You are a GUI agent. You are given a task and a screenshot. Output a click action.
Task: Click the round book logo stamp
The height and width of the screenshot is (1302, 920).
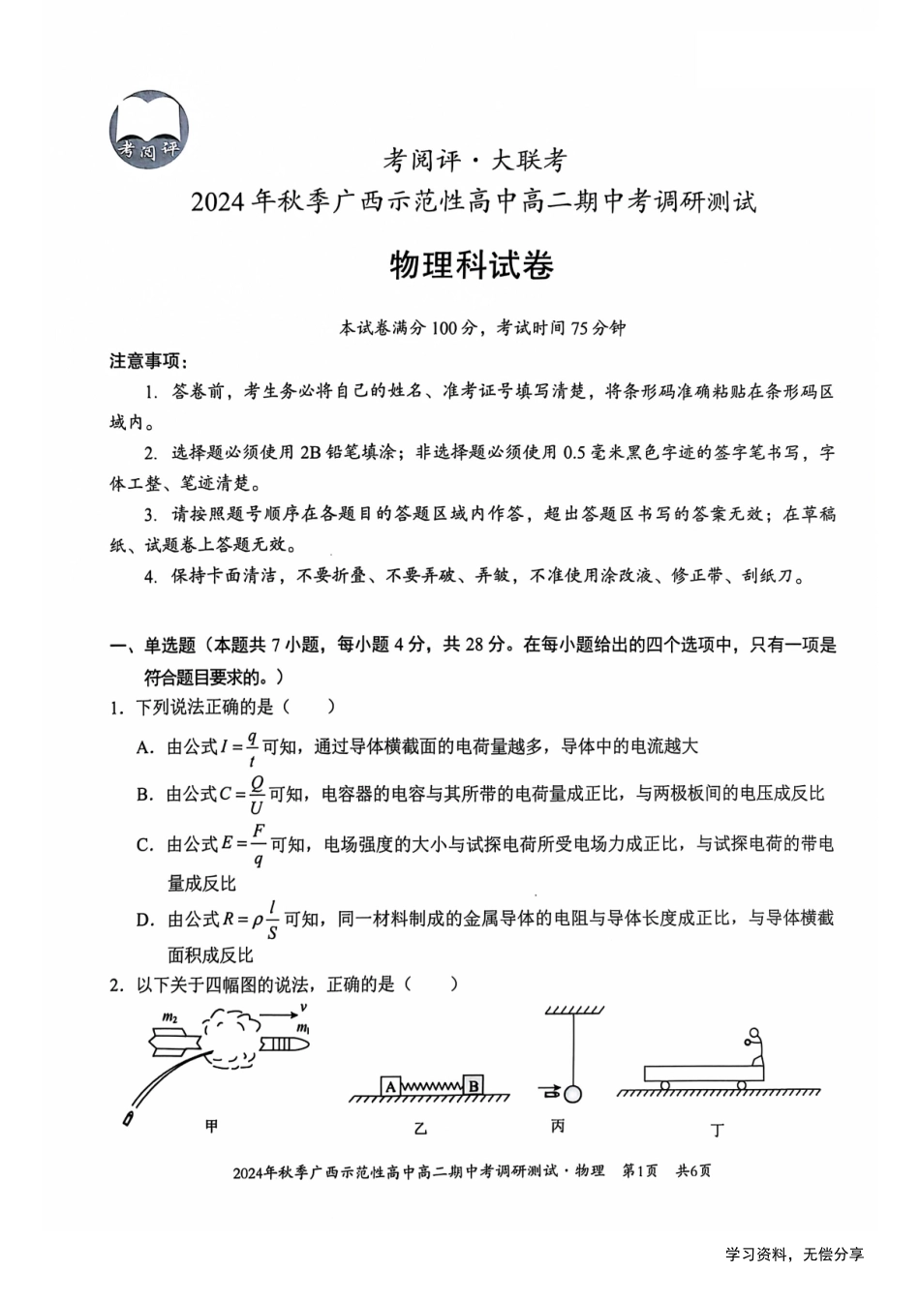pos(148,130)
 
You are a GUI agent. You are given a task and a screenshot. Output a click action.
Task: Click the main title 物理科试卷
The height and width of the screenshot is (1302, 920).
pos(471,264)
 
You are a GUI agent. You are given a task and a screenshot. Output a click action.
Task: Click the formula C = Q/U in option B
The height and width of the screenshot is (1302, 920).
pos(243,794)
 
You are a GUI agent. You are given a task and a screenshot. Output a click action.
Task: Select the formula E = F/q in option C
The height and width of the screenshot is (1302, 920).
pos(245,844)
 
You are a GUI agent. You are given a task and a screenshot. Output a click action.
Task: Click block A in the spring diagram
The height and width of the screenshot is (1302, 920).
pos(390,1086)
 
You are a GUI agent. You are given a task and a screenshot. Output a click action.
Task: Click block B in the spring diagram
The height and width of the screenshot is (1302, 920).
pos(474,1085)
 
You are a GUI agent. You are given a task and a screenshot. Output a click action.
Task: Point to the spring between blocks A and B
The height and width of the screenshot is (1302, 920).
pos(432,1086)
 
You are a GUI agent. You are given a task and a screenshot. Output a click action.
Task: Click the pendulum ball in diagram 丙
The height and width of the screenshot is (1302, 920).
pos(572,1094)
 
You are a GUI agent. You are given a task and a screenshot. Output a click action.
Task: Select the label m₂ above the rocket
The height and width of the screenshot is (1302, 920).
pos(169,1016)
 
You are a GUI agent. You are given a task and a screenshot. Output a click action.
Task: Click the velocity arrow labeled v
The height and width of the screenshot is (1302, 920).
pos(281,1014)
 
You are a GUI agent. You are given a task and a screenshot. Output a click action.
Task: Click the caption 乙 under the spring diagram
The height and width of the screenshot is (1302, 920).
pos(419,1129)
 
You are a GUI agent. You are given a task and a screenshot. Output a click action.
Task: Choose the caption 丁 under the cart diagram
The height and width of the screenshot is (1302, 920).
pos(717,1129)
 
